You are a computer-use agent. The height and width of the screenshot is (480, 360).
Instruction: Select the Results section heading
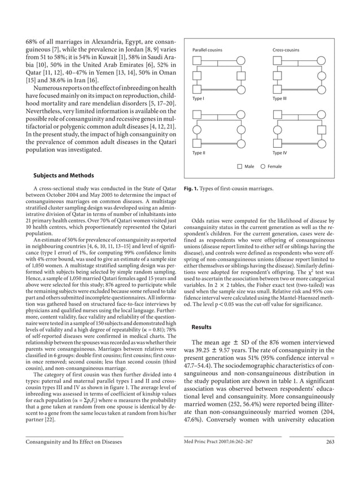coord(201,327)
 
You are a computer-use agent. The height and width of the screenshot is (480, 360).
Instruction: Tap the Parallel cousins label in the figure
coord(207,50)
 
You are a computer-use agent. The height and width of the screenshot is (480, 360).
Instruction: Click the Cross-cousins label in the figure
coord(286,50)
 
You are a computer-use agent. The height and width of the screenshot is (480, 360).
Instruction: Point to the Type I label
coord(199,98)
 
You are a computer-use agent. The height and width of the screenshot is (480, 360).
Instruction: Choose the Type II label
coord(199,153)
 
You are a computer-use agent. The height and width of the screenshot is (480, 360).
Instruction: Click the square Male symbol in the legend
coord(240,166)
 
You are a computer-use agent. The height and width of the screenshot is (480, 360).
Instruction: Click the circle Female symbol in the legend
coord(262,166)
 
